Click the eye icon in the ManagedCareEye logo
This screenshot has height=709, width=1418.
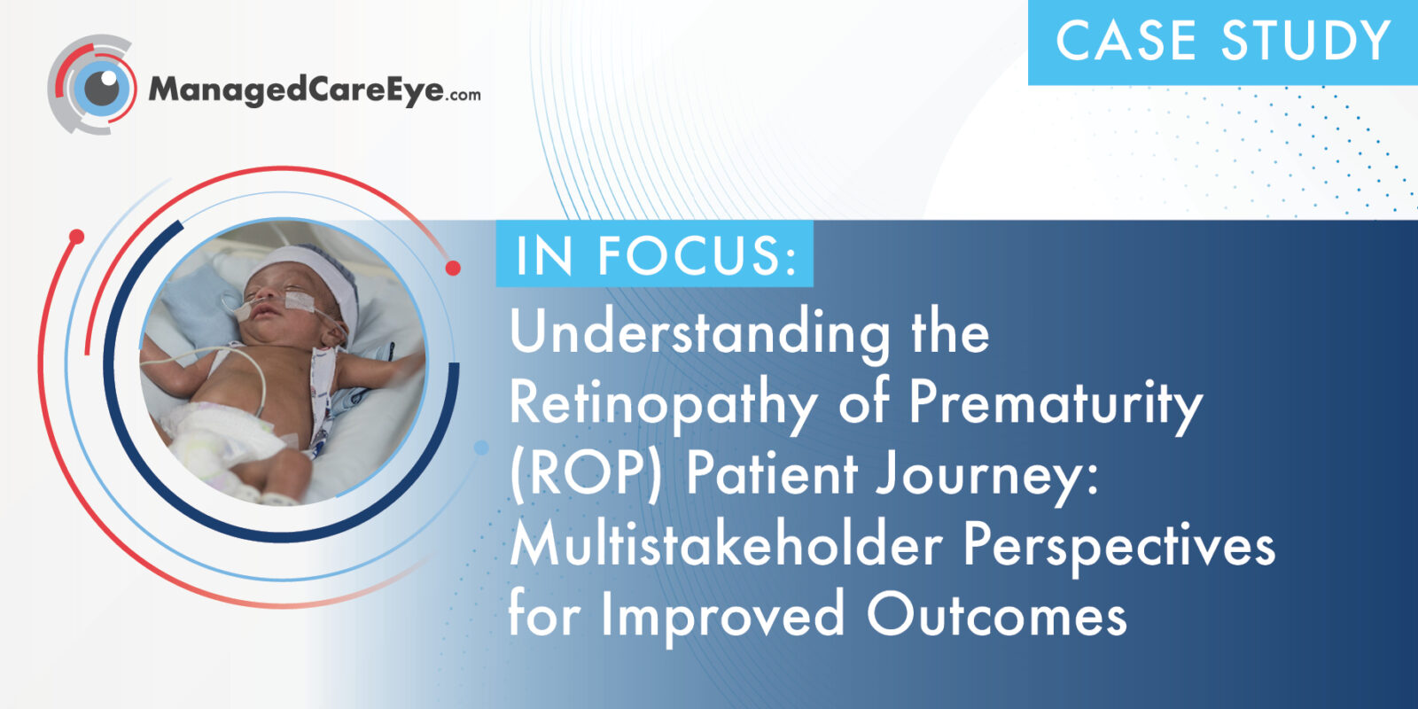point(92,84)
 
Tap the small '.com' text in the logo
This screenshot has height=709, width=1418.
point(462,95)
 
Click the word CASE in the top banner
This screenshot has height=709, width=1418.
point(1126,41)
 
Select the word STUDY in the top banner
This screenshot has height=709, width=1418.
point(1305,41)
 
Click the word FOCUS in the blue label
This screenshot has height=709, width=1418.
point(697,255)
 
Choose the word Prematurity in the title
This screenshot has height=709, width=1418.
point(1056,405)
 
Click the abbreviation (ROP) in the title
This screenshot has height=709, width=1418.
point(586,475)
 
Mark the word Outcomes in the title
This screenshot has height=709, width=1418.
point(997,614)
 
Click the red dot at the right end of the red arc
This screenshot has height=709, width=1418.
point(453,268)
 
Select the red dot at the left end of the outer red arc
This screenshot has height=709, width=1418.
point(76,237)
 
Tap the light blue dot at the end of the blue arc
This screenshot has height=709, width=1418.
point(481,448)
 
